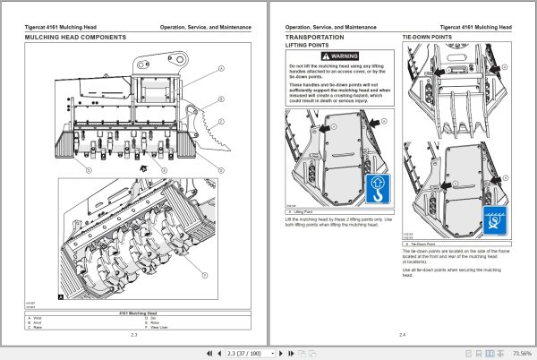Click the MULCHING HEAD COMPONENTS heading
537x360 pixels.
point(75,38)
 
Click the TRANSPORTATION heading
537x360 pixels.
point(314,38)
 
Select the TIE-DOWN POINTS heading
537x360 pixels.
point(426,38)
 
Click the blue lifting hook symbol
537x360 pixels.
point(378,190)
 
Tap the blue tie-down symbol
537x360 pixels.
point(495,220)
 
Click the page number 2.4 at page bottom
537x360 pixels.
point(401,333)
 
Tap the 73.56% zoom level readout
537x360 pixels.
point(518,353)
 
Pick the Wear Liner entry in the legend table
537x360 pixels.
point(161,327)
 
